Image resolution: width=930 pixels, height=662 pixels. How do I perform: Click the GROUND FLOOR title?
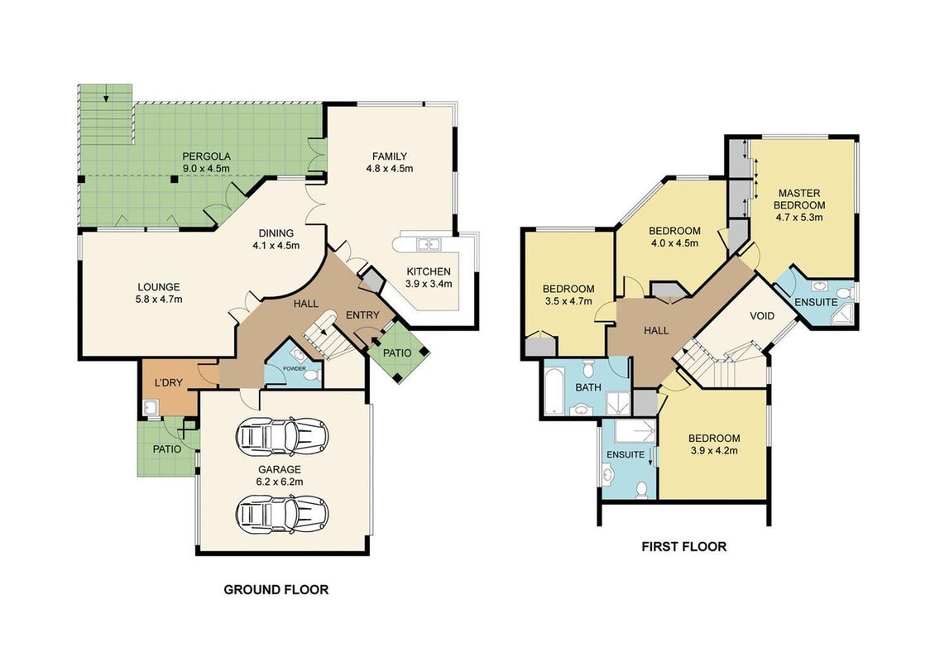click(x=276, y=590)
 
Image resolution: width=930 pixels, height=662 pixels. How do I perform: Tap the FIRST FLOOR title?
click(x=684, y=546)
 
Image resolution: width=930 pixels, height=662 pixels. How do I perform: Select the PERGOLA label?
click(x=206, y=156)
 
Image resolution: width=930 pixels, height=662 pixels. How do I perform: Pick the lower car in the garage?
click(x=282, y=514)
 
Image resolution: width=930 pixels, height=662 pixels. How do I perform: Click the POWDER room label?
click(x=295, y=368)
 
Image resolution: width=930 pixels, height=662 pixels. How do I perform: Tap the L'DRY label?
click(x=169, y=382)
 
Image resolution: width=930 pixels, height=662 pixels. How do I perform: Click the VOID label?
click(x=762, y=315)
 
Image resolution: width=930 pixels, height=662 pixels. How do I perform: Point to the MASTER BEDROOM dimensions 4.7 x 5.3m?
click(x=799, y=217)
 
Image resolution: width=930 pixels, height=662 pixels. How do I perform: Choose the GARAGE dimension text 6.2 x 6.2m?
click(x=280, y=482)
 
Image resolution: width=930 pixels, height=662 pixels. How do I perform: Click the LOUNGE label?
click(x=159, y=287)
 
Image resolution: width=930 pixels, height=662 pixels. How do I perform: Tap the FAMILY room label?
click(x=390, y=156)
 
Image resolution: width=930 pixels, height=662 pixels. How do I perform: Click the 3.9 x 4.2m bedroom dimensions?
click(x=714, y=450)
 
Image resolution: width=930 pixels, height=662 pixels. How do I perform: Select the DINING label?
click(x=276, y=233)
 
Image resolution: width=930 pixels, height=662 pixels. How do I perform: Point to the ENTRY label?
click(x=362, y=315)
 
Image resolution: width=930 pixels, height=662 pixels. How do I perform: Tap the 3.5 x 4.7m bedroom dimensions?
click(x=568, y=300)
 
